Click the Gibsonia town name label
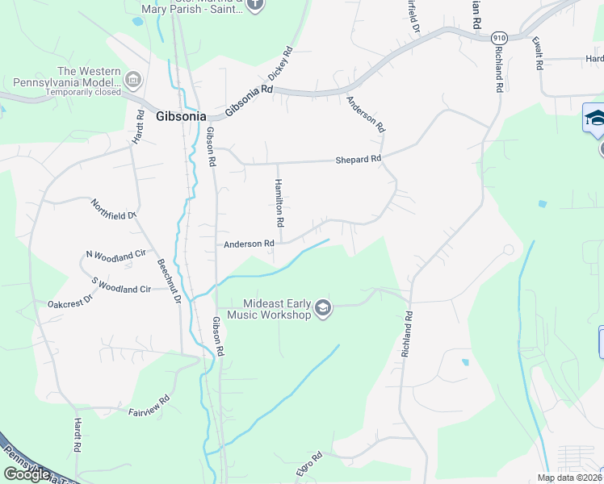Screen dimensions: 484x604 (x=181, y=115)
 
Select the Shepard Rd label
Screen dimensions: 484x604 (x=358, y=160)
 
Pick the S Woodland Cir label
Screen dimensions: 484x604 (x=121, y=285)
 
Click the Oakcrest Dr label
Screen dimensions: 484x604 (x=71, y=304)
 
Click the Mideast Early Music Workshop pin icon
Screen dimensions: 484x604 (x=323, y=309)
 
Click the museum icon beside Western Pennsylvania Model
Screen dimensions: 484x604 (x=132, y=80)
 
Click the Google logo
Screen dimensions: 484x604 (x=27, y=474)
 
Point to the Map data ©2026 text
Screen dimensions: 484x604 (x=569, y=478)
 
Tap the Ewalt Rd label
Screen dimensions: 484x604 (x=536, y=52)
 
